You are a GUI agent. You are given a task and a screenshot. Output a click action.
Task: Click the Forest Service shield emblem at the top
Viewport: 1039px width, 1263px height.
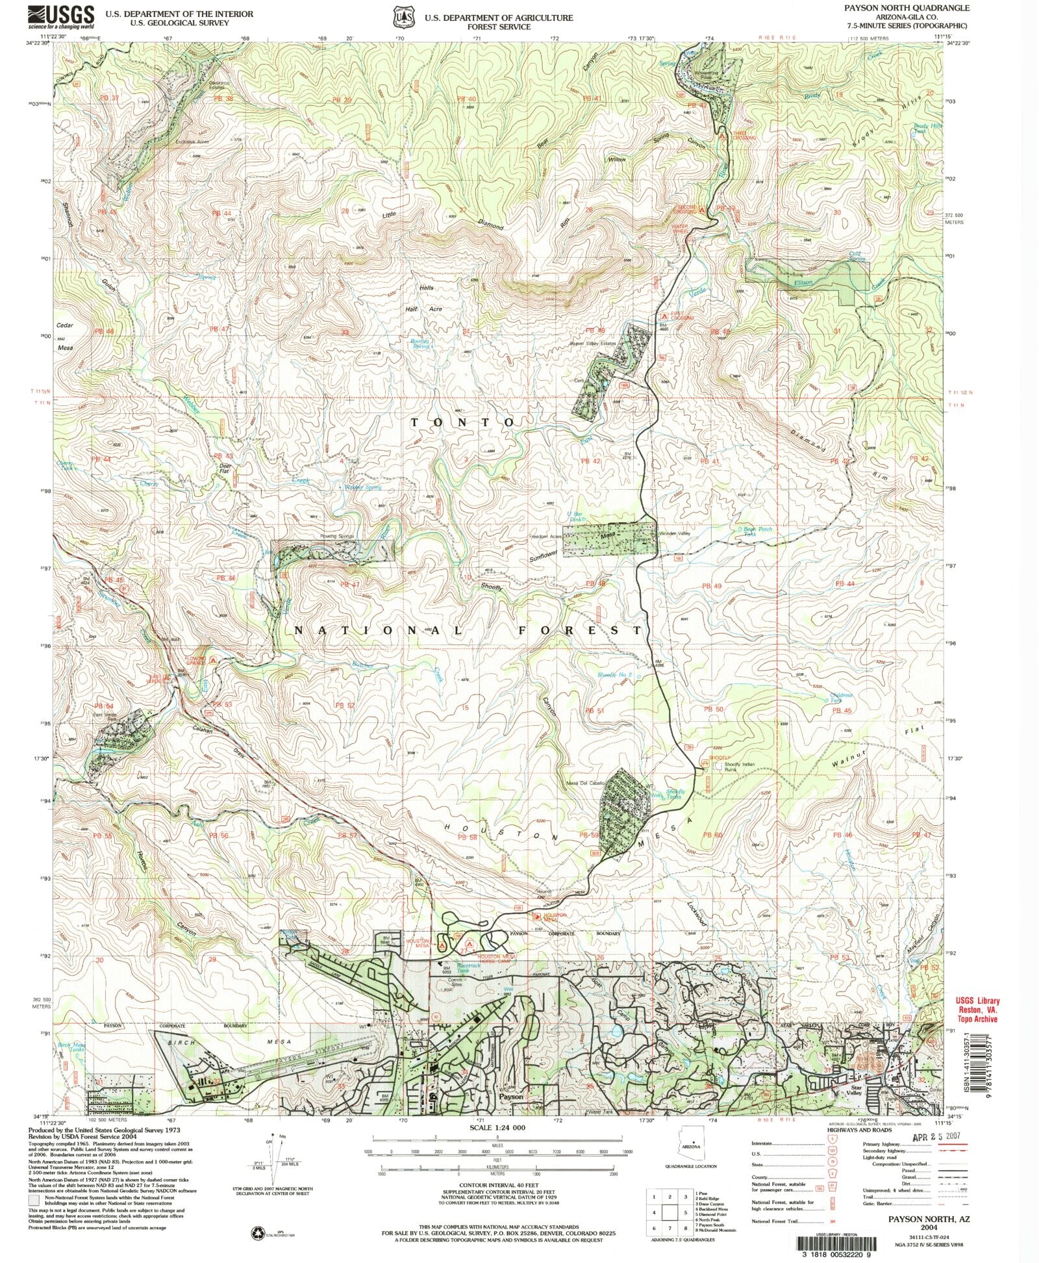tap(405, 18)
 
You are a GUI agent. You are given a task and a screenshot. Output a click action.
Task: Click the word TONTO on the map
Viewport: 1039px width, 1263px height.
tap(462, 422)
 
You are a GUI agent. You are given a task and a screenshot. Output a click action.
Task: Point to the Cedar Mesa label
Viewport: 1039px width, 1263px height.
tap(65, 336)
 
